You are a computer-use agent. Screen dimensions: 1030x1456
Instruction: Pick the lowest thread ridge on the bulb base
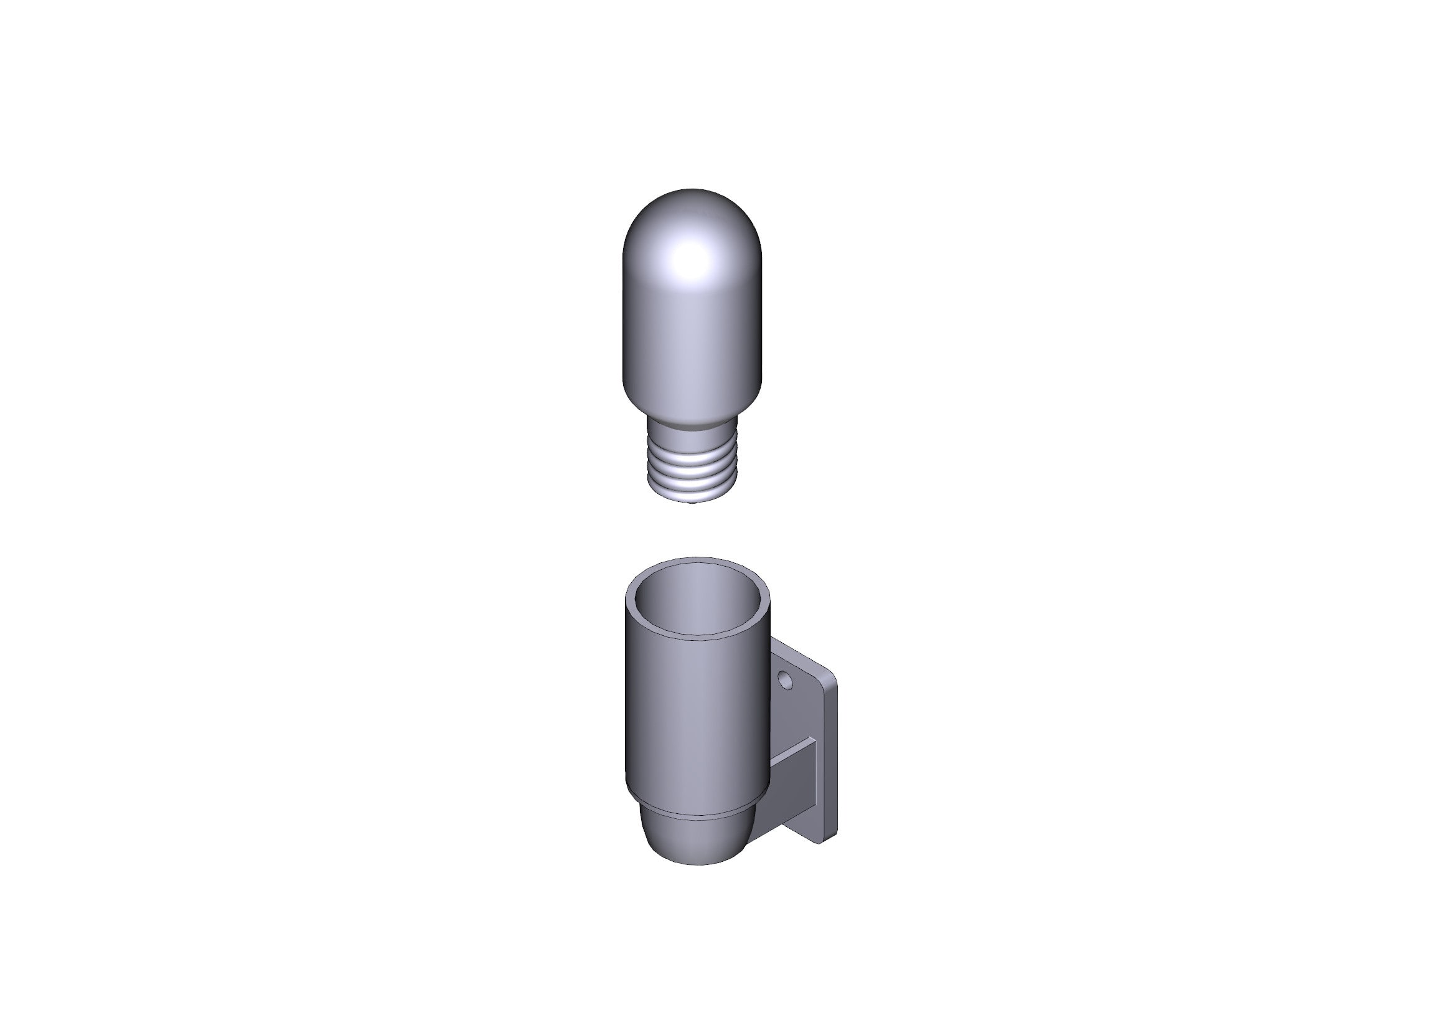click(692, 496)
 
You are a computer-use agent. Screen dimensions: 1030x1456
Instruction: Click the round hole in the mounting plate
click(785, 681)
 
